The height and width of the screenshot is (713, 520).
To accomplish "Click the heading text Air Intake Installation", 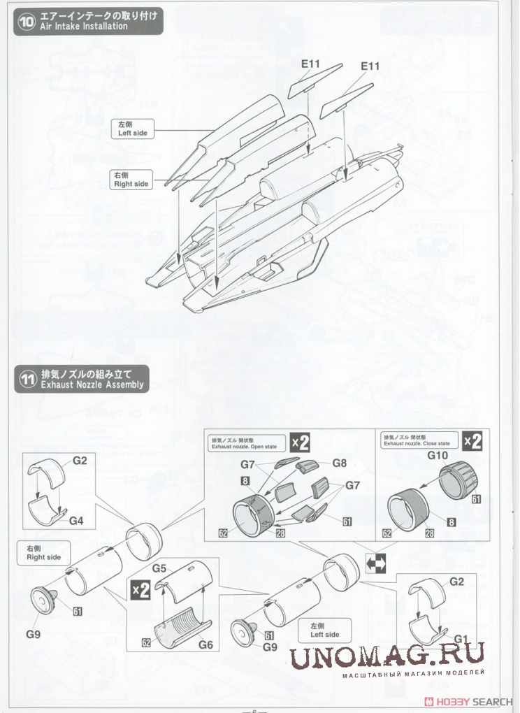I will [84, 26].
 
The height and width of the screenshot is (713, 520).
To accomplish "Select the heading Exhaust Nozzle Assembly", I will [92, 384].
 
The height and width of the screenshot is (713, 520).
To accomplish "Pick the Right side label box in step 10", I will [131, 180].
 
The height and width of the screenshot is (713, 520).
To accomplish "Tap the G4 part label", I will [77, 521].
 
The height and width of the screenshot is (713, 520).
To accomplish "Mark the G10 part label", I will [437, 456].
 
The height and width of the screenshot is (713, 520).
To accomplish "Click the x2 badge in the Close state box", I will [473, 442].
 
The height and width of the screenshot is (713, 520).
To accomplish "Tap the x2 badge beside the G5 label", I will [140, 590].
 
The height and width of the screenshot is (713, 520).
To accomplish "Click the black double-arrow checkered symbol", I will [376, 563].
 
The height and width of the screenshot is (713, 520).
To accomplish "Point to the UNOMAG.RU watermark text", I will [388, 656].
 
